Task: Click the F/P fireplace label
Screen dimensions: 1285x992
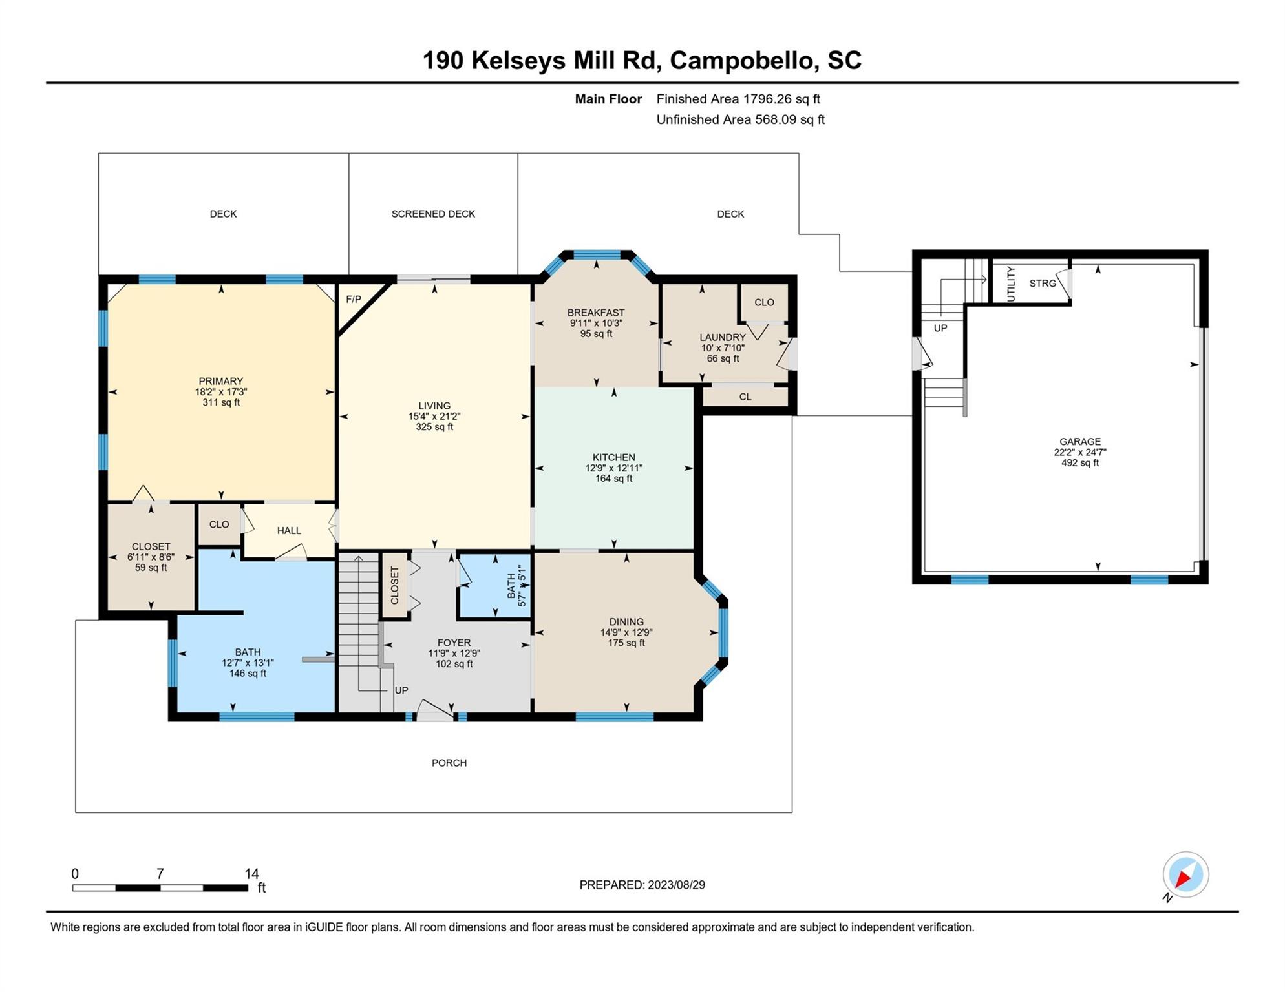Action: click(x=354, y=299)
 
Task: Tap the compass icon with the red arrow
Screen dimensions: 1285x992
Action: click(x=1185, y=874)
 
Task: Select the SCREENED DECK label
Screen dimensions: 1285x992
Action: click(x=433, y=214)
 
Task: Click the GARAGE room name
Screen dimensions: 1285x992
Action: click(x=1080, y=442)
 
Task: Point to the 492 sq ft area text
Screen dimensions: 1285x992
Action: click(x=1080, y=462)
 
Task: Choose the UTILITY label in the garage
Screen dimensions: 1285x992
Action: click(x=1012, y=284)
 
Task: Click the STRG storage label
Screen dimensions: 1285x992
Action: click(x=1043, y=283)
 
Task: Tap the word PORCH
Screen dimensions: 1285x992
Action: click(x=449, y=763)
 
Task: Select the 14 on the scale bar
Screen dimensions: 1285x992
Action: click(x=251, y=874)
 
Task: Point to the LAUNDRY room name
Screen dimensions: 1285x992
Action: click(x=723, y=337)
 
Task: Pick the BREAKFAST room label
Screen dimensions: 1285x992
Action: click(x=596, y=313)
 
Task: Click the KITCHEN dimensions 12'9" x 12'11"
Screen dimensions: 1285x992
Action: click(x=614, y=468)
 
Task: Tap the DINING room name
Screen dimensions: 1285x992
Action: click(x=626, y=622)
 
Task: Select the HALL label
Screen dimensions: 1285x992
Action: click(x=289, y=530)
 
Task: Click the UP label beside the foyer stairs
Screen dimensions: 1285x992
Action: click(x=401, y=690)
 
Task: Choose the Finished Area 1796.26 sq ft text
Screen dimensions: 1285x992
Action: click(x=738, y=99)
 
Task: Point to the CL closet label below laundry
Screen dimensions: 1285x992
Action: click(x=745, y=397)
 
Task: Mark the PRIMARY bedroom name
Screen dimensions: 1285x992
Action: click(x=221, y=381)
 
